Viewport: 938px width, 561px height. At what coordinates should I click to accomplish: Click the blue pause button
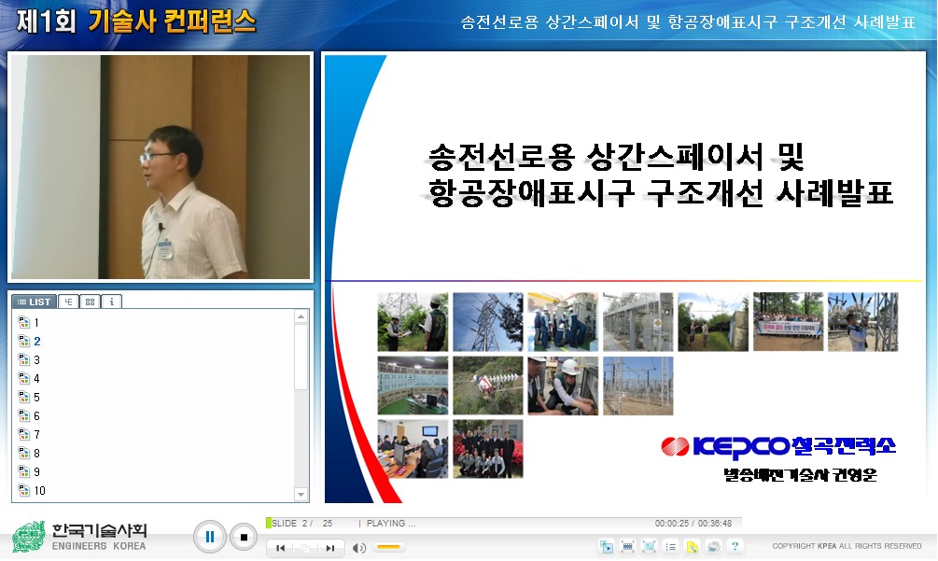[210, 537]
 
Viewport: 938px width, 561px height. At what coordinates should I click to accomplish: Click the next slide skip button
[329, 549]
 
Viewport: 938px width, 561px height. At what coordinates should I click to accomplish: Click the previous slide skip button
[280, 549]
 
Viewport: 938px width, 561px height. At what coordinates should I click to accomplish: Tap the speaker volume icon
[359, 548]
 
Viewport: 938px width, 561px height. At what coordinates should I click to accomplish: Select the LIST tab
[35, 302]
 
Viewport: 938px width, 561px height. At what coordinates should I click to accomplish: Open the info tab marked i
[111, 302]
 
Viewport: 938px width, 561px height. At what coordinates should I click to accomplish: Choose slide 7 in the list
[36, 435]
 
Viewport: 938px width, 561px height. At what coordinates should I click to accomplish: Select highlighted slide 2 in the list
[36, 342]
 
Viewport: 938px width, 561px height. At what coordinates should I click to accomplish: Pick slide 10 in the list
[39, 491]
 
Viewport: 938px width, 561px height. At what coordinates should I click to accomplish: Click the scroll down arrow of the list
[301, 494]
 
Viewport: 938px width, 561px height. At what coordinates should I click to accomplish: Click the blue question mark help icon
[735, 547]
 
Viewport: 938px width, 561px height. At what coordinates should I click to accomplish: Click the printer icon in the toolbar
[713, 547]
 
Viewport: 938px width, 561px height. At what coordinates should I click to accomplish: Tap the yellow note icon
[692, 547]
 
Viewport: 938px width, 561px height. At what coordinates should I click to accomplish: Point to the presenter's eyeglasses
[157, 156]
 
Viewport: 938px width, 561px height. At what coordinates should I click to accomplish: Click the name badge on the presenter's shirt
[165, 248]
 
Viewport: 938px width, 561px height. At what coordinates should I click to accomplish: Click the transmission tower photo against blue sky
[487, 321]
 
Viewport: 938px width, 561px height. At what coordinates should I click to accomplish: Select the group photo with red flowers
[487, 449]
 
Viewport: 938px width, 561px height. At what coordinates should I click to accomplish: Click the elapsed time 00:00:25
[671, 524]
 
